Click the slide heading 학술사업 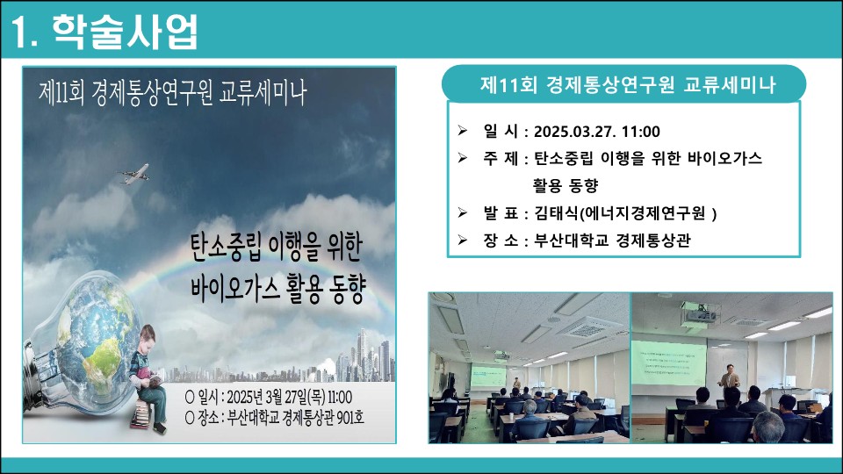(x=126, y=32)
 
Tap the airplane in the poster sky (x=133, y=174)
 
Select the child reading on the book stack (x=148, y=377)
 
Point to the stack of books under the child (x=141, y=413)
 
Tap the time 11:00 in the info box (x=640, y=131)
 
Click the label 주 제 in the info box (x=500, y=159)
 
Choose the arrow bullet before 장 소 (x=463, y=240)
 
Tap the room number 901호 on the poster (x=350, y=417)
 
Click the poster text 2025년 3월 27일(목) (x=276, y=397)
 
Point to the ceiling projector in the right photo (x=701, y=314)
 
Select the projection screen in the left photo (x=488, y=377)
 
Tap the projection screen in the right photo (x=668, y=363)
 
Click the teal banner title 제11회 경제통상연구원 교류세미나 (x=627, y=84)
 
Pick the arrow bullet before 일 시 (x=463, y=130)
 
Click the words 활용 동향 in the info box (x=566, y=185)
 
